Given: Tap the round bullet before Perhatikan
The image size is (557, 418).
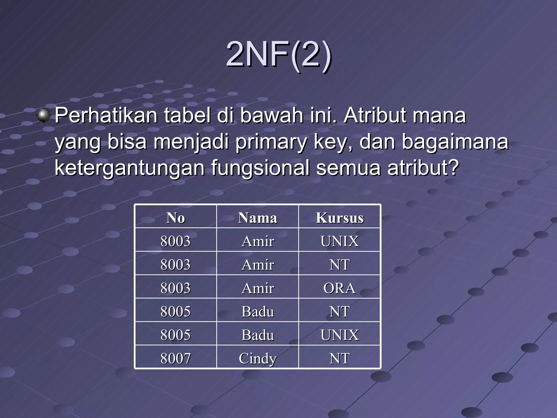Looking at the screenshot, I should tap(43, 115).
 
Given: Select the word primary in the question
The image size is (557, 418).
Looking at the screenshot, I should tap(271, 142).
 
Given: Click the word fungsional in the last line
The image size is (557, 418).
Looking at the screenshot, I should tap(260, 168).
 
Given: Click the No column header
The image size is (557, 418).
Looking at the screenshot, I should tap(176, 218).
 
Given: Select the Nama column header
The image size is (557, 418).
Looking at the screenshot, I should tap(258, 218).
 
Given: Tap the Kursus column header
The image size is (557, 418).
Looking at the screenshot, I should tap(339, 218).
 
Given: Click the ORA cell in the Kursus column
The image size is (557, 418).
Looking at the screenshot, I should tap(339, 288).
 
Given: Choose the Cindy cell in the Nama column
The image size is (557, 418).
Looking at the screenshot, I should tap(258, 358).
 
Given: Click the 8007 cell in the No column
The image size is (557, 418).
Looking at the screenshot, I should tap(176, 358).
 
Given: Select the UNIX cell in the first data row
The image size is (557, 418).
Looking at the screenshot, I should tap(339, 241).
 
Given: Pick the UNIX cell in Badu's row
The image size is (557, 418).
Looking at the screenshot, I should tap(339, 335).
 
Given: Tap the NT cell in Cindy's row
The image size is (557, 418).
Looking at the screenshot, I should tap(339, 358).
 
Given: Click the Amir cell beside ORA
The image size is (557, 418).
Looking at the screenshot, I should tap(258, 288).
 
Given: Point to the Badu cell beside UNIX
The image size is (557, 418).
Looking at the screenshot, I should tap(258, 335).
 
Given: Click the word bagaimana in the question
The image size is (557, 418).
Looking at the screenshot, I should tap(455, 142).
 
